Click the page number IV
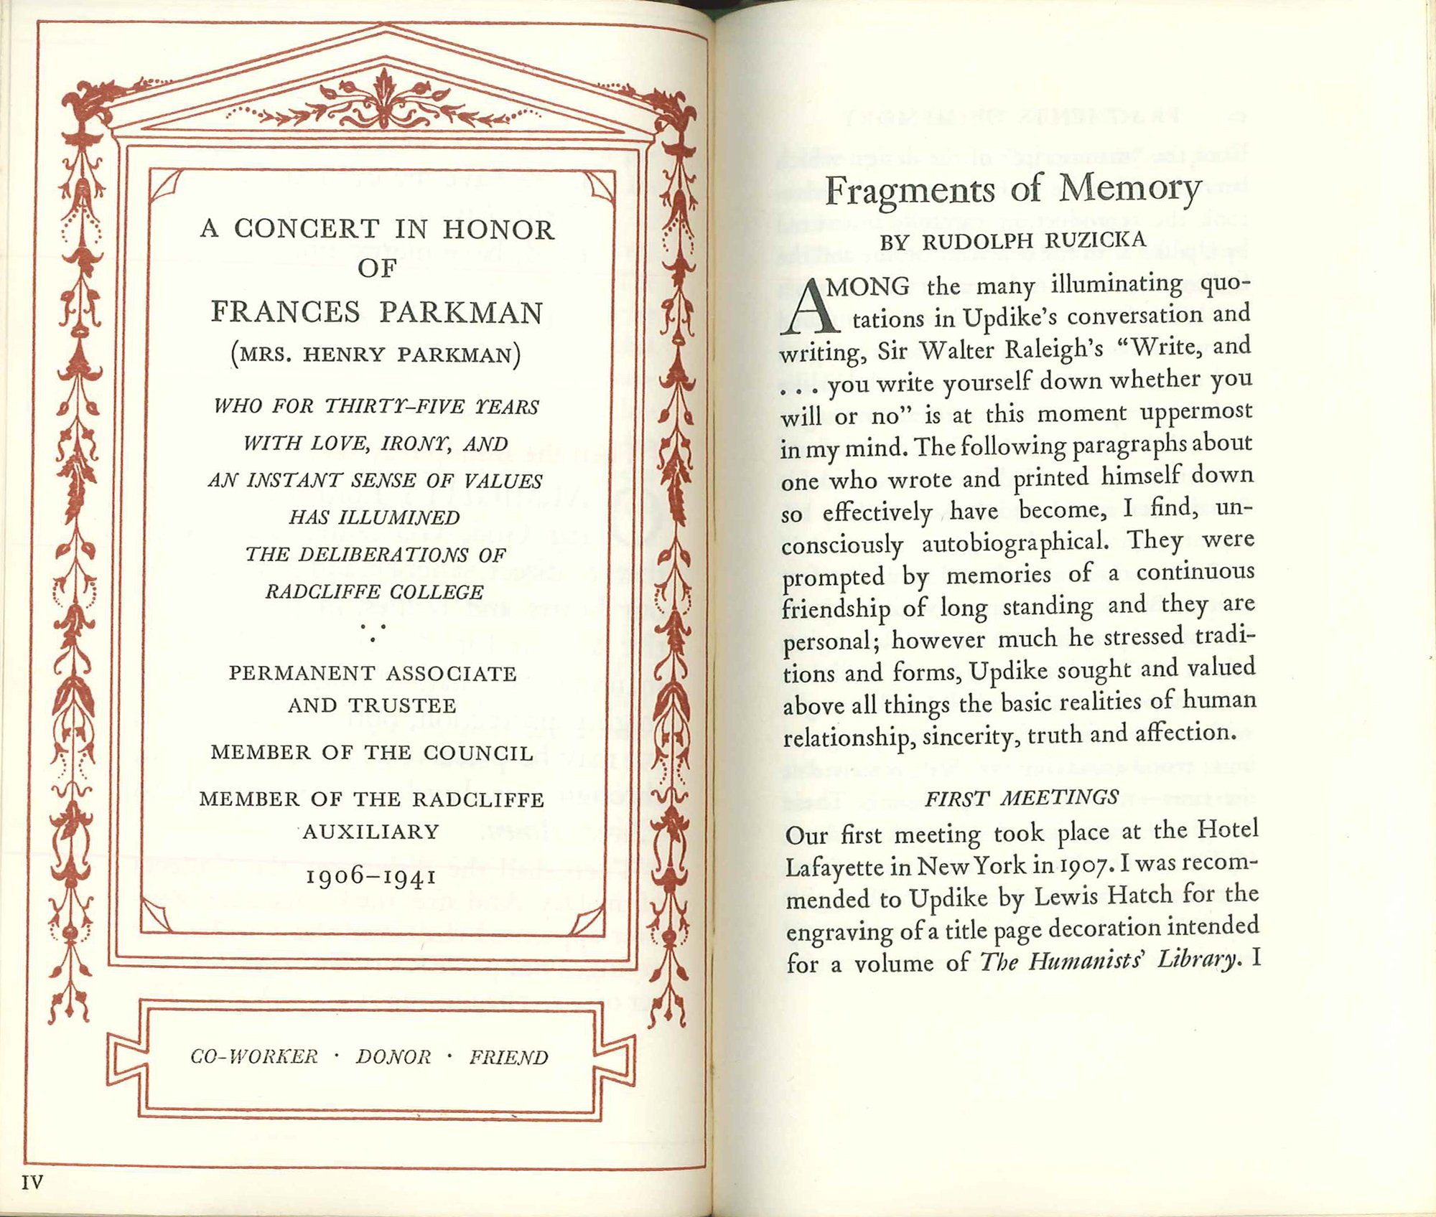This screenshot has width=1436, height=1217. [32, 1182]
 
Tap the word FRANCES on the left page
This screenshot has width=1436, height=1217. [285, 312]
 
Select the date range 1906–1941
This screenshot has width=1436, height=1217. [371, 876]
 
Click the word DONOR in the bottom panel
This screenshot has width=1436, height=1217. [393, 1057]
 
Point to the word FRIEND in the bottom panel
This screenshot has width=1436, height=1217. [509, 1057]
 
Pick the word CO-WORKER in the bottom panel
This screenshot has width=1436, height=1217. [254, 1057]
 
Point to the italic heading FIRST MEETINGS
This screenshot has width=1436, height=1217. [1021, 798]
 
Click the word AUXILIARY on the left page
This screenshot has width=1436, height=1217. [370, 832]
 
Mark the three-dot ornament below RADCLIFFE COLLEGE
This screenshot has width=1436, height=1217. [373, 631]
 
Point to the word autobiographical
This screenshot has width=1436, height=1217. [1015, 542]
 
